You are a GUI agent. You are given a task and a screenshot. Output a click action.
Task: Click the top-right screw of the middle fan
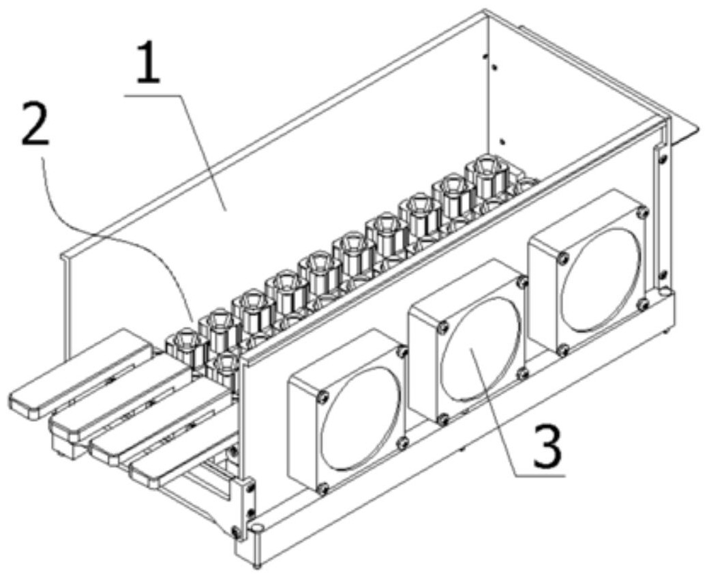point(522,282)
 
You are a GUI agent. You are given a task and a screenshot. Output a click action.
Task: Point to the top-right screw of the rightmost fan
point(642,213)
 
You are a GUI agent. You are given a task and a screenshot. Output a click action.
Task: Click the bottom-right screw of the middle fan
point(523,374)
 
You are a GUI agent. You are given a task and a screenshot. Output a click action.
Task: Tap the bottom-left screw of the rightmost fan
point(563,351)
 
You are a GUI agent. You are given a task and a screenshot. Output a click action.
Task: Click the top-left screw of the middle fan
point(444,328)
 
